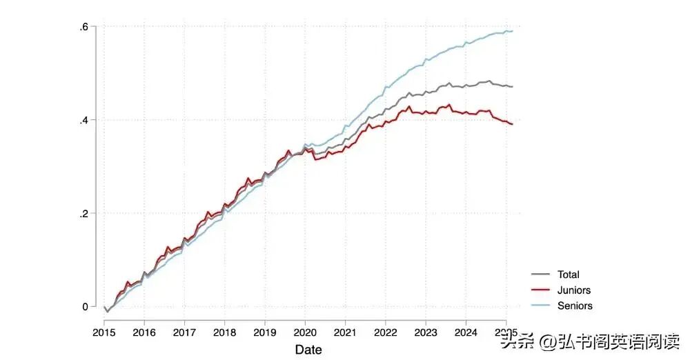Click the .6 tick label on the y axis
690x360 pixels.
[83, 27]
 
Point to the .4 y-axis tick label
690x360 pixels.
[83, 120]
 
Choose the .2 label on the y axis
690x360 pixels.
[83, 213]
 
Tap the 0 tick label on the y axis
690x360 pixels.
[85, 306]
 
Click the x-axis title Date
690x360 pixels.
[308, 350]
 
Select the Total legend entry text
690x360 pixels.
[568, 274]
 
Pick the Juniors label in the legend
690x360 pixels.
[573, 290]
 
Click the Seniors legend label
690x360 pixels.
[575, 306]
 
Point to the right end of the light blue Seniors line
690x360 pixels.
[512, 31]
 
